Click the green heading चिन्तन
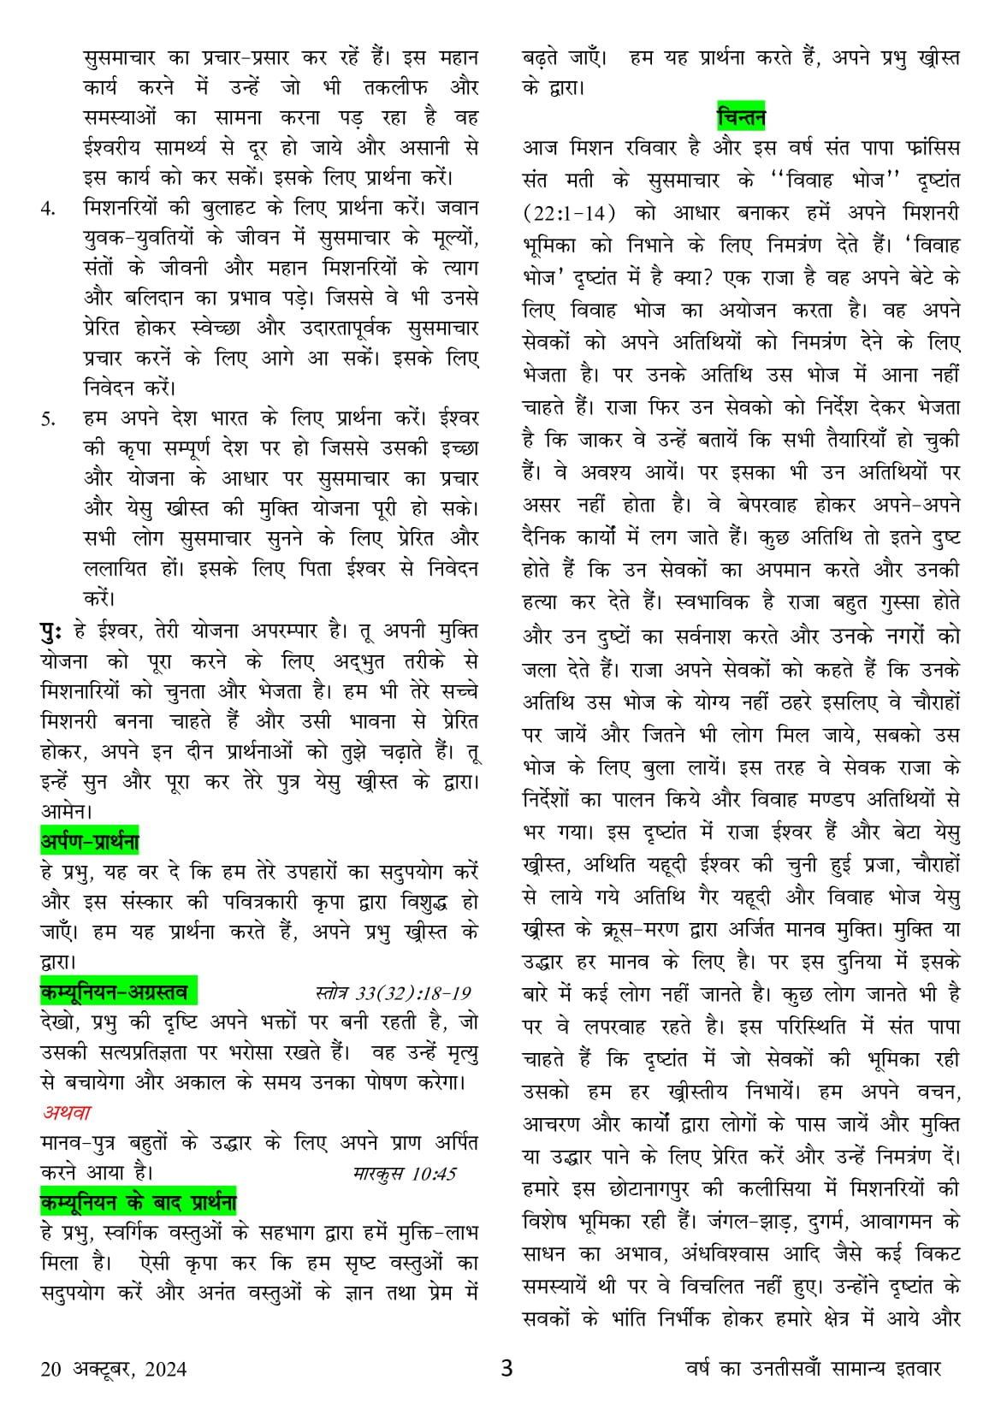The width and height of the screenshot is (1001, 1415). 741,115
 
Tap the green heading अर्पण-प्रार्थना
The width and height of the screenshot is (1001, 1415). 90,842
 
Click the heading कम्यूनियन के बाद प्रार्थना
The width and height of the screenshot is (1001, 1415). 138,1203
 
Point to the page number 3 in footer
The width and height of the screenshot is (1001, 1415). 506,1368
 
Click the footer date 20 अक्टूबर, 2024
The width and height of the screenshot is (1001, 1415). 113,1369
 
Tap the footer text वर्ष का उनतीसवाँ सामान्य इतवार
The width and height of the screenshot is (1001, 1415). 813,1369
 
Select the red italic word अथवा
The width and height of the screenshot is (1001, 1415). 67,1113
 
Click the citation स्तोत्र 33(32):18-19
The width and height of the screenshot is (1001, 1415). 393,993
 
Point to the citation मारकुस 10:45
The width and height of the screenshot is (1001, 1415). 405,1173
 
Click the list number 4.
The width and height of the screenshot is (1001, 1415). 49,209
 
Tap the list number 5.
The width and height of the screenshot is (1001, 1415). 49,419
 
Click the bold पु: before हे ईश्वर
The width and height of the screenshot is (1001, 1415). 50,631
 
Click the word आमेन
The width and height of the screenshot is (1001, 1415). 67,809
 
